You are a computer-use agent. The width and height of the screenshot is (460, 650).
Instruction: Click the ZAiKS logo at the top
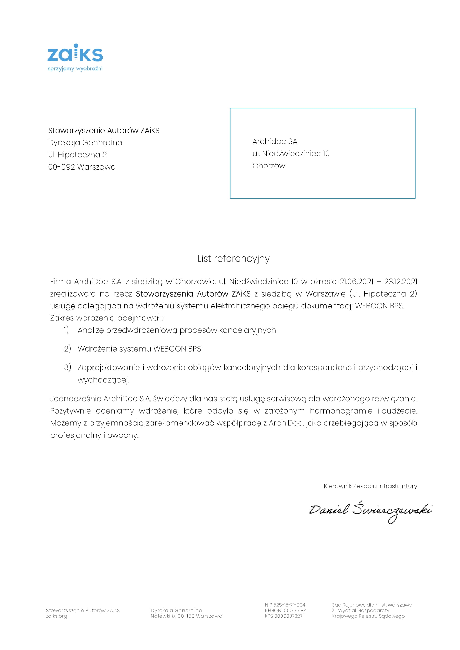pyautogui.click(x=75, y=53)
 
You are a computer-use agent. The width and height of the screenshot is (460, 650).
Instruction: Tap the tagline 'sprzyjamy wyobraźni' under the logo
pyautogui.click(x=75, y=69)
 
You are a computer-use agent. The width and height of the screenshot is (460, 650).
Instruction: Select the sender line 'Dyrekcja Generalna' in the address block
pyautogui.click(x=85, y=143)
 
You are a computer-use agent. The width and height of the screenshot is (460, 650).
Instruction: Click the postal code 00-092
pyautogui.click(x=61, y=167)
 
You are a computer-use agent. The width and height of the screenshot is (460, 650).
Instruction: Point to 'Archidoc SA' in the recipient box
pyautogui.click(x=275, y=141)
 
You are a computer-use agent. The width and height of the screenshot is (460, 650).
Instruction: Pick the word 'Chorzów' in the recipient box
pyautogui.click(x=269, y=166)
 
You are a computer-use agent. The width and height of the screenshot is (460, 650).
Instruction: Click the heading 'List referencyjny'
pyautogui.click(x=233, y=258)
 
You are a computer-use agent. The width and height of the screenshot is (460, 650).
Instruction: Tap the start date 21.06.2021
pyautogui.click(x=356, y=282)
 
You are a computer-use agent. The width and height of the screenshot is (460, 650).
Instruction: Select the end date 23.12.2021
pyautogui.click(x=400, y=282)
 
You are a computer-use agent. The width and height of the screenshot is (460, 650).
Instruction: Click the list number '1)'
pyautogui.click(x=66, y=330)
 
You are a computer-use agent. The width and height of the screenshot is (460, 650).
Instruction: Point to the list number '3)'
pyautogui.click(x=67, y=367)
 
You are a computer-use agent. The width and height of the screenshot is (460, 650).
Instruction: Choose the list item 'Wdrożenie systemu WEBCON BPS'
pyautogui.click(x=139, y=349)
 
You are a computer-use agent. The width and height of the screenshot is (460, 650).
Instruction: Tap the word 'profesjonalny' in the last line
pyautogui.click(x=76, y=435)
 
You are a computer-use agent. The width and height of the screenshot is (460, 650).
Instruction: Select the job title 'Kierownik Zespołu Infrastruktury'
pyautogui.click(x=370, y=486)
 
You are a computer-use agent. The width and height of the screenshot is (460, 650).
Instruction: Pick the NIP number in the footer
pyautogui.click(x=285, y=605)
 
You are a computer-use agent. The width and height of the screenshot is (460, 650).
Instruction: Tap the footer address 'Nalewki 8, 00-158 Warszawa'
pyautogui.click(x=186, y=616)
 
